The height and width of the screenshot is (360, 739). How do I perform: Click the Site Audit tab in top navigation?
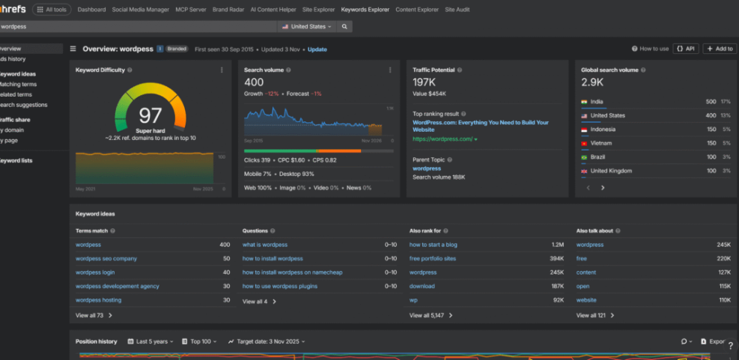pyautogui.click(x=457, y=10)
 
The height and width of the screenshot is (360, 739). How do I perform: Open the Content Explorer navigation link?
pyautogui.click(x=416, y=10)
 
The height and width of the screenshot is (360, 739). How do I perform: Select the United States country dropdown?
pyautogui.click(x=308, y=26)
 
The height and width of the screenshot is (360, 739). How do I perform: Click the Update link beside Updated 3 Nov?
pyautogui.click(x=317, y=49)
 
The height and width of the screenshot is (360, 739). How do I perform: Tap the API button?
pyautogui.click(x=686, y=49)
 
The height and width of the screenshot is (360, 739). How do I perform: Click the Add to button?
pyautogui.click(x=720, y=49)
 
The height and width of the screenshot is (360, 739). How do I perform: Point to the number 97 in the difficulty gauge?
pyautogui.click(x=150, y=115)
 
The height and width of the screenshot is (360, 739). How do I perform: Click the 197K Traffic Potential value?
pyautogui.click(x=424, y=82)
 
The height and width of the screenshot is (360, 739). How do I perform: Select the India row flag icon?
pyautogui.click(x=583, y=102)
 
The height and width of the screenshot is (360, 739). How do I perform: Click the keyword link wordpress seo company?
pyautogui.click(x=106, y=258)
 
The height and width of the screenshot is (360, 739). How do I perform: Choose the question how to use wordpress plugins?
pyautogui.click(x=279, y=286)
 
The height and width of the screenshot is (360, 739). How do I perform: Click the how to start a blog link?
pyautogui.click(x=433, y=245)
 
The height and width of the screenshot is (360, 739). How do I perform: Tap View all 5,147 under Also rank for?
pyautogui.click(x=431, y=316)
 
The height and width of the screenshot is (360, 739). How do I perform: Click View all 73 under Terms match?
pyautogui.click(x=90, y=316)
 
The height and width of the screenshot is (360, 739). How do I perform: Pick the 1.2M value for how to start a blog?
pyautogui.click(x=557, y=245)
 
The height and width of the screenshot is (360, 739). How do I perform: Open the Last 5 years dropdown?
pyautogui.click(x=150, y=341)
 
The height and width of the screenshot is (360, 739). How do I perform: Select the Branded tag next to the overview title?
pyautogui.click(x=176, y=49)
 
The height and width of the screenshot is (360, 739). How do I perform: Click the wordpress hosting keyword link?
pyautogui.click(x=98, y=300)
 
